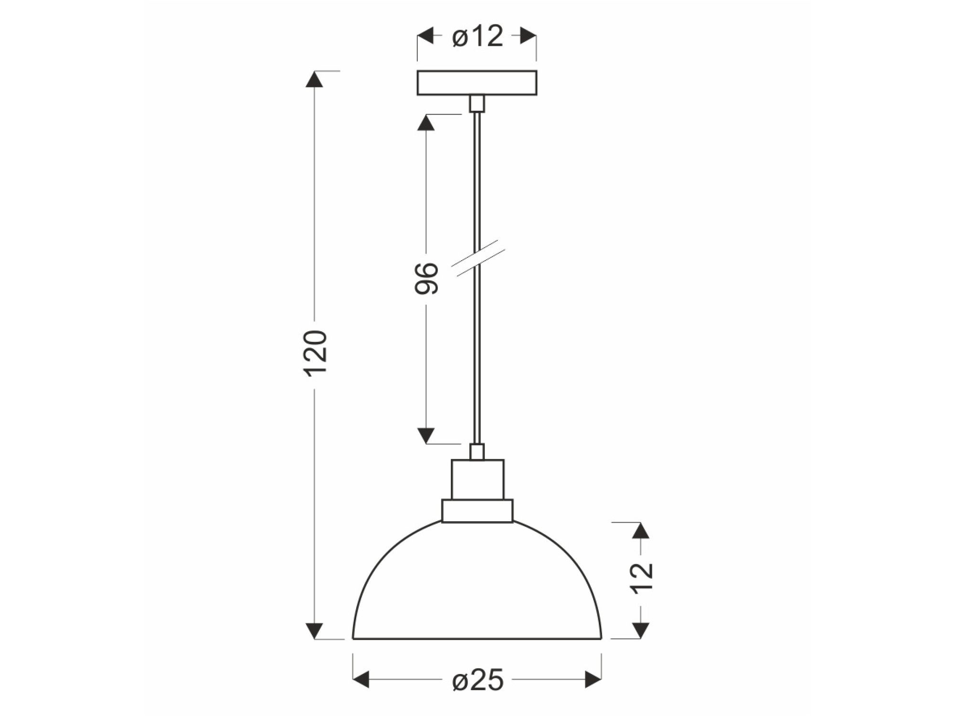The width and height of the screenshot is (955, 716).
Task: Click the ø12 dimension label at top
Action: [477, 36]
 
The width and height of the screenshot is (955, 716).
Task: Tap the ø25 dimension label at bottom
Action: [477, 679]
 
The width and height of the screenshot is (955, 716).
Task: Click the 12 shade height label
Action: [642, 578]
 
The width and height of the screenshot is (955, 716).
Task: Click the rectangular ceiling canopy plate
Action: [477, 83]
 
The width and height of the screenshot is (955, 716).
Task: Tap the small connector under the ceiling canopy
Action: [477, 104]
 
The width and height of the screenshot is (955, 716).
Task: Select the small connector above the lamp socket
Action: [477, 452]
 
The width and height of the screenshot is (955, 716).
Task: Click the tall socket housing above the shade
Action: [477, 479]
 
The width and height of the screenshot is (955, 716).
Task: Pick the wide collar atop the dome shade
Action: [477, 511]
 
